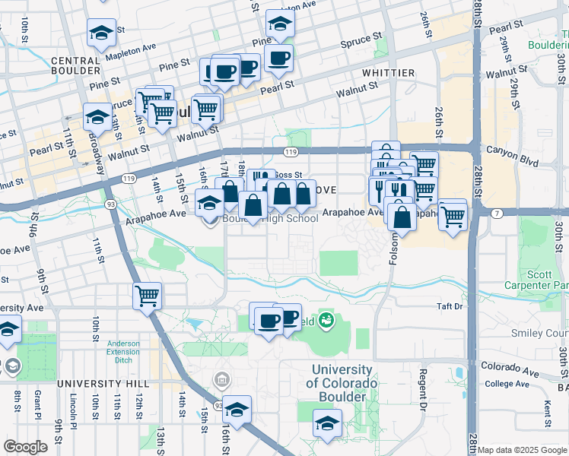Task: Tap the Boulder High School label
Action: click(x=270, y=219)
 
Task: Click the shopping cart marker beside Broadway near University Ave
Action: click(x=147, y=295)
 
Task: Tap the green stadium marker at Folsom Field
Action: click(x=326, y=321)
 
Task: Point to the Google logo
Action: click(x=25, y=447)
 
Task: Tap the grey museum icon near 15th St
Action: click(x=221, y=378)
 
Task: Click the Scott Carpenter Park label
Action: click(x=543, y=279)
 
